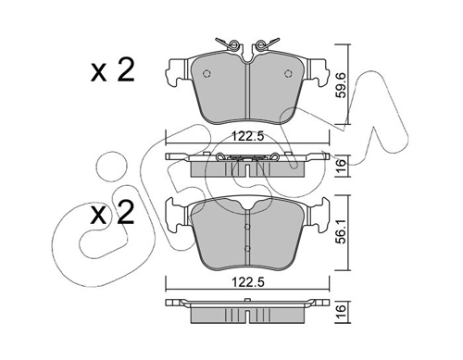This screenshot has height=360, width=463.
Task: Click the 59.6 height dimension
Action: coord(341,85)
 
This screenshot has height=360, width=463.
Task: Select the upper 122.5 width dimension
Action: coord(248,136)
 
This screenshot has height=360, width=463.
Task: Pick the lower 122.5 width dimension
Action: coord(248,282)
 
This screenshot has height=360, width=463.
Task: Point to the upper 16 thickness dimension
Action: coord(341,167)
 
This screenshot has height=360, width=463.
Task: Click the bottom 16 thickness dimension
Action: coord(341,312)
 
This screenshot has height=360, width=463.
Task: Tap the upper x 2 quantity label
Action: coord(113,70)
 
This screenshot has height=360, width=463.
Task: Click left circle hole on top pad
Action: coord(206,73)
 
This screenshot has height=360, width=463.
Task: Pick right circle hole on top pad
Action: coord(289,73)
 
